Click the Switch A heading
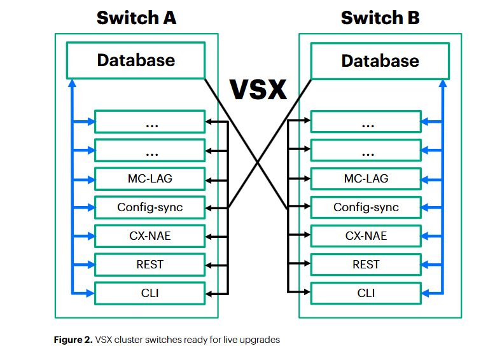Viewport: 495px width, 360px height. (136, 18)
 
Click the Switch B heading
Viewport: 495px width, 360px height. (380, 18)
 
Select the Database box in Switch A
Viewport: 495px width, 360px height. (136, 60)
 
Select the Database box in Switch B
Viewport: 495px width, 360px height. (380, 60)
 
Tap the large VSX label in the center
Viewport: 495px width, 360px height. (258, 90)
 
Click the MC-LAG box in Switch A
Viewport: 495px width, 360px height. (150, 178)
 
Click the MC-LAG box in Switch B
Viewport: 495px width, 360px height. (366, 178)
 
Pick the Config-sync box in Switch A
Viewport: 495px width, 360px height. (150, 207)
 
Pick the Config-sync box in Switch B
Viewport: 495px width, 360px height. (366, 207)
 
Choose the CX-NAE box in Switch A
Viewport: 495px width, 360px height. (150, 236)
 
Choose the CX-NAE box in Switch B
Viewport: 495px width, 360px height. (366, 236)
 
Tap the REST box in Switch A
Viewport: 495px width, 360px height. (150, 264)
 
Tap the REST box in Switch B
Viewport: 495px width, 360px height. (366, 264)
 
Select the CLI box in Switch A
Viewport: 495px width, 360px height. (150, 293)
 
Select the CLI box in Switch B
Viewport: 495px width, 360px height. (366, 293)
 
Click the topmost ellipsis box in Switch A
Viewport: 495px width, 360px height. (150, 122)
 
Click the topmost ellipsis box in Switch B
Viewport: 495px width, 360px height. (366, 122)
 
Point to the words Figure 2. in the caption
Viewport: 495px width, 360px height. (73, 340)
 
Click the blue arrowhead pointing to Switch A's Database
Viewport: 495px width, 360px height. (72, 83)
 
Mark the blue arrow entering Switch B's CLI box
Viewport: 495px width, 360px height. (428, 293)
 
